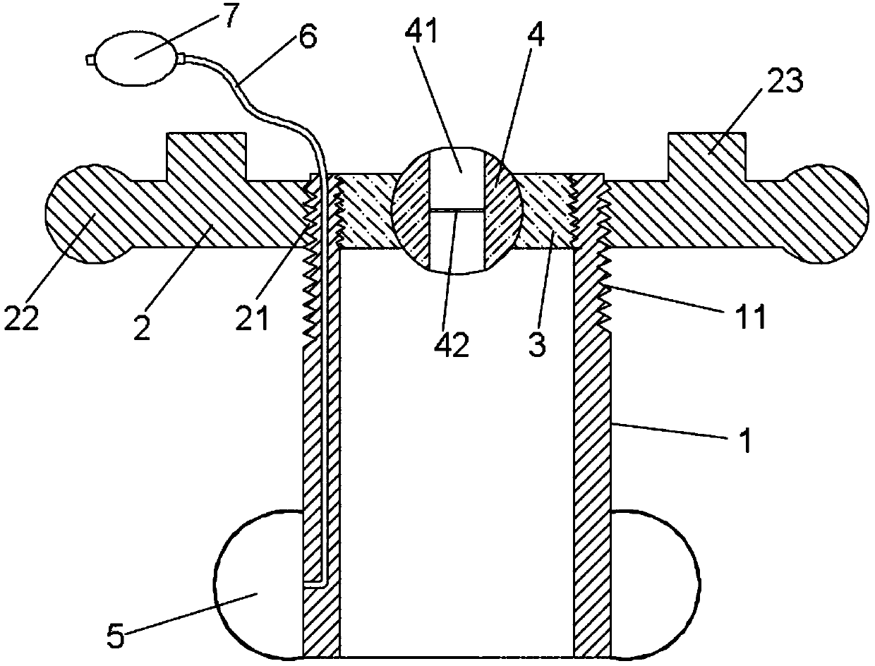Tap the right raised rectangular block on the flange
pyautogui.click(x=706, y=157)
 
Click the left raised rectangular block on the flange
pyautogui.click(x=206, y=157)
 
